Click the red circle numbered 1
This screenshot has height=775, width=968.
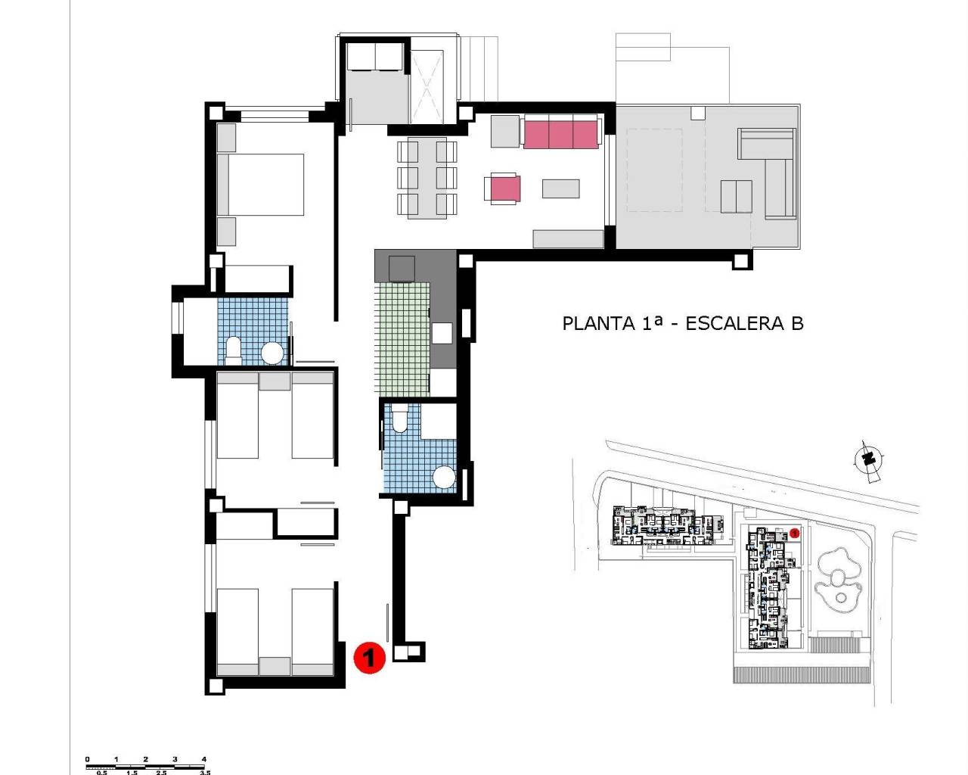click(369, 657)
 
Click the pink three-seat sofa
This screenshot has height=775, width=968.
click(560, 133)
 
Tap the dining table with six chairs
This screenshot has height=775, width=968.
click(427, 178)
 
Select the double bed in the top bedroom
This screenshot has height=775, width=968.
click(261, 185)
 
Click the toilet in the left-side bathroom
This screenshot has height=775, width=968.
click(234, 350)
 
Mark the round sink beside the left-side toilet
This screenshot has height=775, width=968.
click(272, 353)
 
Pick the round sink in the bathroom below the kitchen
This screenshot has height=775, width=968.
click(444, 478)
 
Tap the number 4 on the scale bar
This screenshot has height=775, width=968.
click(204, 759)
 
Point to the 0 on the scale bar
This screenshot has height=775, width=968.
click(87, 759)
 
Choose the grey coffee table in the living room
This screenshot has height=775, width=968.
click(560, 188)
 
